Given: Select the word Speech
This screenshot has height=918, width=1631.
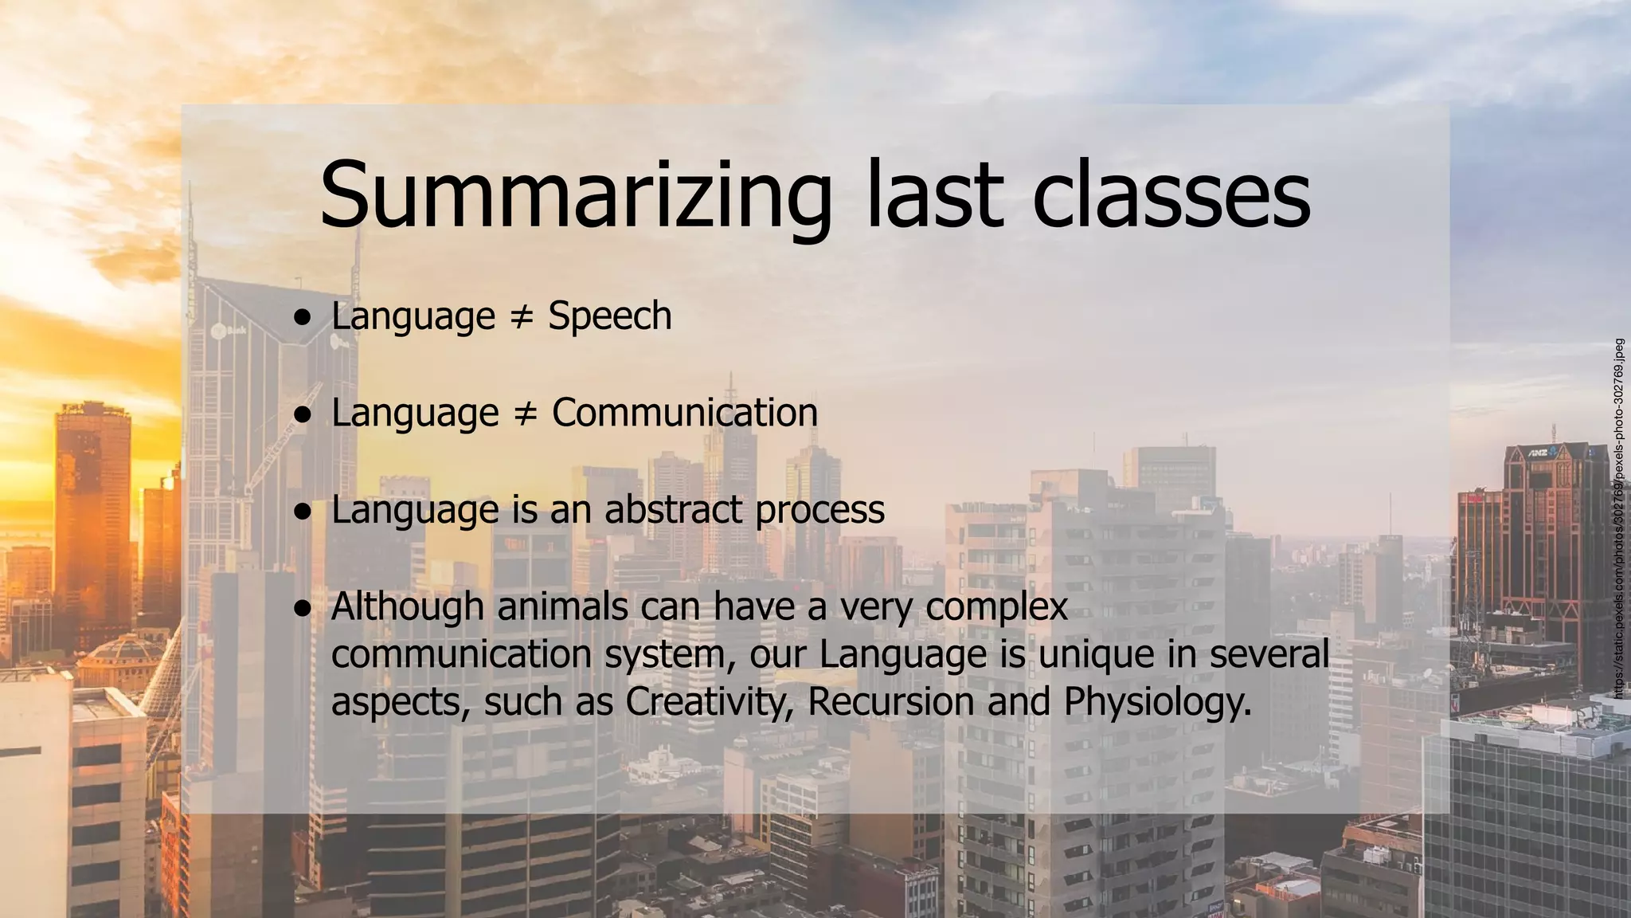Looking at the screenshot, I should coord(610,316).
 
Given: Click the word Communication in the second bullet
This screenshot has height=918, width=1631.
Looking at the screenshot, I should coord(685,413).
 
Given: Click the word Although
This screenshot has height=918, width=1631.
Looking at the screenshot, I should coord(407,606).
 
